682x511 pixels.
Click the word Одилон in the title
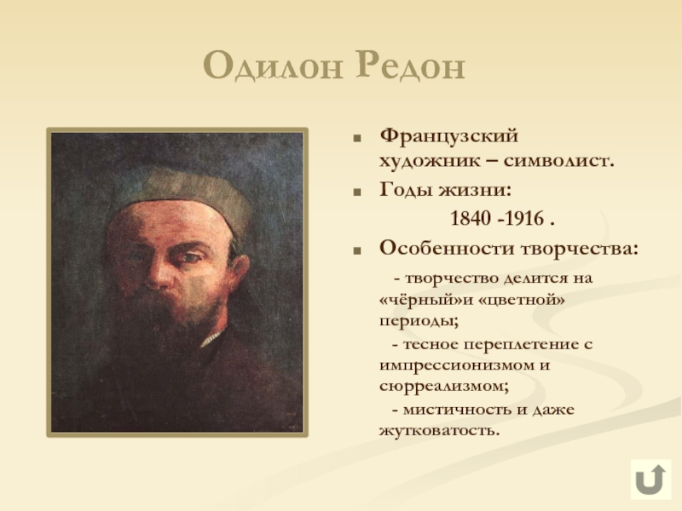tap(273, 66)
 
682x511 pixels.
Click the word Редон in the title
tap(411, 66)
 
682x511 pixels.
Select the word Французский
tap(449, 137)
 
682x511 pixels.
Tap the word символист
tap(559, 161)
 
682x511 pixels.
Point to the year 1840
tap(471, 218)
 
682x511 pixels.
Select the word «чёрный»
tap(416, 301)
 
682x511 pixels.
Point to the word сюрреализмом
tap(444, 387)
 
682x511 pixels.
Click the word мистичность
tap(457, 410)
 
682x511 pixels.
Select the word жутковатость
tap(439, 431)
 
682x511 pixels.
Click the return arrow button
tap(650, 479)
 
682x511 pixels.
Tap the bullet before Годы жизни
tap(357, 192)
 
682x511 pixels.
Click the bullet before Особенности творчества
tap(357, 250)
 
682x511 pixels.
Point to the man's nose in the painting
tap(158, 273)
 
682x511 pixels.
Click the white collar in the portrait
tap(212, 338)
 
